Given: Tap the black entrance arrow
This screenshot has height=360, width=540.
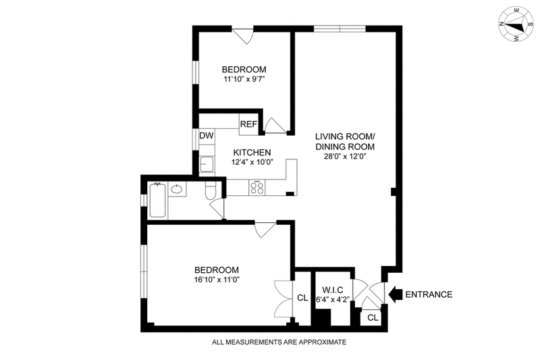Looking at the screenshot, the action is point(396,294).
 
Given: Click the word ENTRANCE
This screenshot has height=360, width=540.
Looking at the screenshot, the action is point(429,294).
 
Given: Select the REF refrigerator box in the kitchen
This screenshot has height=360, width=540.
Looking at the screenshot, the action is point(249,124).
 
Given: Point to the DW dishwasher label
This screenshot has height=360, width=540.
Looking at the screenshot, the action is point(207,136).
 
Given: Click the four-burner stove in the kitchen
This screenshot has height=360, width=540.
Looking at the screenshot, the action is point(256,188).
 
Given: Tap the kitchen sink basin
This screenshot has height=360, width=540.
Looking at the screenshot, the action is point(207,164).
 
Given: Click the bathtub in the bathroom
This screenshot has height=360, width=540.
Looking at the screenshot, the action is point(158,200).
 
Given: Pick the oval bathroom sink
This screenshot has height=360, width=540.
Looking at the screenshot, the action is point(177,189).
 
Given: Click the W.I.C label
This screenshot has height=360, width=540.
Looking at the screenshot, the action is point(332,290).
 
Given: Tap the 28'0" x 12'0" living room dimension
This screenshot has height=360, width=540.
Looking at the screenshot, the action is point(344,157).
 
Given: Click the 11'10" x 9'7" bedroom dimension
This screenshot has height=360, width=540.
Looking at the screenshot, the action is point(244,79).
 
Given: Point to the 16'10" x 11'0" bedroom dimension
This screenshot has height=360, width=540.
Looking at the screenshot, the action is point(217,280).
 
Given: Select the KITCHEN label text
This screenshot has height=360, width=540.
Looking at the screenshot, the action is point(252,152).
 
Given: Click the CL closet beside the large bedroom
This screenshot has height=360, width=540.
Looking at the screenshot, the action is point(302,298).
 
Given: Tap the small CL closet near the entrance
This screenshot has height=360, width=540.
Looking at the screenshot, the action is point(373,317).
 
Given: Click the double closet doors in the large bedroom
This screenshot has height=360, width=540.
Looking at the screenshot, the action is point(283,299).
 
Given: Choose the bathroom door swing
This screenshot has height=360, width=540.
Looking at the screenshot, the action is point(217,209).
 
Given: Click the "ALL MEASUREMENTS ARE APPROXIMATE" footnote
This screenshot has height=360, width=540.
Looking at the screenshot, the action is point(279,342).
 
